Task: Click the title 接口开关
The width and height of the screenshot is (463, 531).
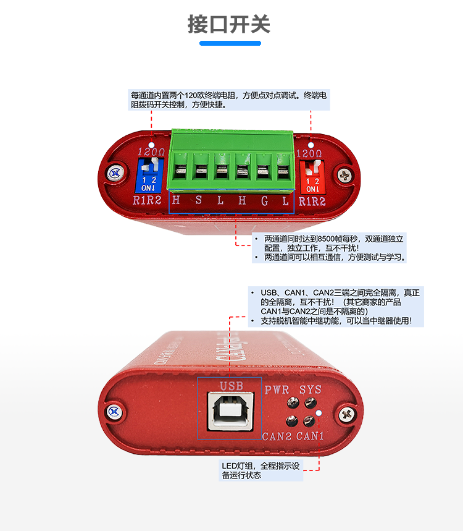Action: pos(229,25)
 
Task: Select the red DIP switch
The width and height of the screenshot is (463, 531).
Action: pos(312,174)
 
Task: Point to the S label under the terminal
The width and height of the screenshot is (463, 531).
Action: pos(198,200)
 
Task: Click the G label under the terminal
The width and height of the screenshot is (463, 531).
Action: pos(264,200)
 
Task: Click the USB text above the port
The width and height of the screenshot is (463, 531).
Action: pos(229,386)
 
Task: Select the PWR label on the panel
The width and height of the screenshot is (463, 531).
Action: pos(277,390)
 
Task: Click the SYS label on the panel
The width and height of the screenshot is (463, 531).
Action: pos(311,390)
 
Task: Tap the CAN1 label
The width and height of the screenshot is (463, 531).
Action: pos(311,436)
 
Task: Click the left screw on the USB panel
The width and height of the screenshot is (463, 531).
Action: pos(113,411)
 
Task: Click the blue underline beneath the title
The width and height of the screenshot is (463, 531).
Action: pos(230,43)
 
